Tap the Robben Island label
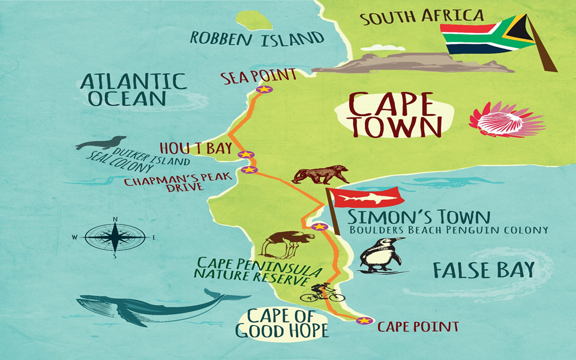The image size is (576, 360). (x=257, y=38)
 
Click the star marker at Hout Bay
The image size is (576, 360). (x=245, y=155)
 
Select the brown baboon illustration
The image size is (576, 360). (x=320, y=175)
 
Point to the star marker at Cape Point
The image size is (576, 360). (x=364, y=320)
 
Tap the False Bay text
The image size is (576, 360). (x=483, y=270)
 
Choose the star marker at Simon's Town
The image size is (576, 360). (x=320, y=227)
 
